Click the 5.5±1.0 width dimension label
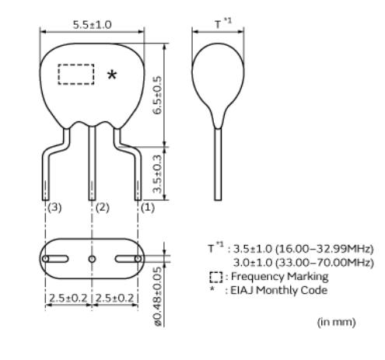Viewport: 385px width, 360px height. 92,25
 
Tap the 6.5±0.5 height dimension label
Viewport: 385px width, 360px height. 157,95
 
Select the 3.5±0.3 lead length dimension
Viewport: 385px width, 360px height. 157,174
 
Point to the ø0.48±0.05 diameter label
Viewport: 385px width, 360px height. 158,297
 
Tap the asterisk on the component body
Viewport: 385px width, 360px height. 112,75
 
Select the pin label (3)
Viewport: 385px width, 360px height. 54,208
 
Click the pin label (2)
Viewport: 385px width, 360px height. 103,208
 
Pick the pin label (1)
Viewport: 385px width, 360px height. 148,208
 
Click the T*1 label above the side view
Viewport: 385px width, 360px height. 223,23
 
